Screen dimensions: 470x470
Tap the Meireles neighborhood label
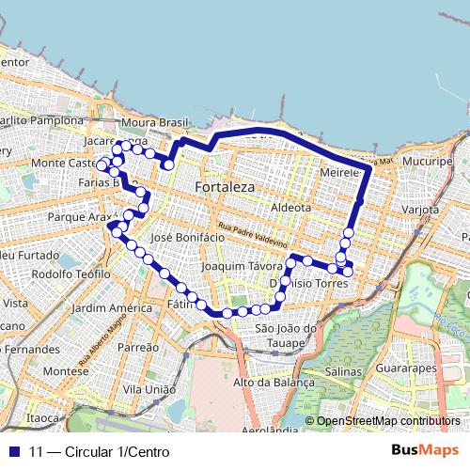(340, 174)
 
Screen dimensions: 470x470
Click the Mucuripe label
(427, 162)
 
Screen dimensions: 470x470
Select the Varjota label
(419, 209)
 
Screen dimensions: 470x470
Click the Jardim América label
(111, 307)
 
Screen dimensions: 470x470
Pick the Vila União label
(149, 388)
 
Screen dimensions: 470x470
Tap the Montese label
(66, 371)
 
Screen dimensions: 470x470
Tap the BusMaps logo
(425, 451)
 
